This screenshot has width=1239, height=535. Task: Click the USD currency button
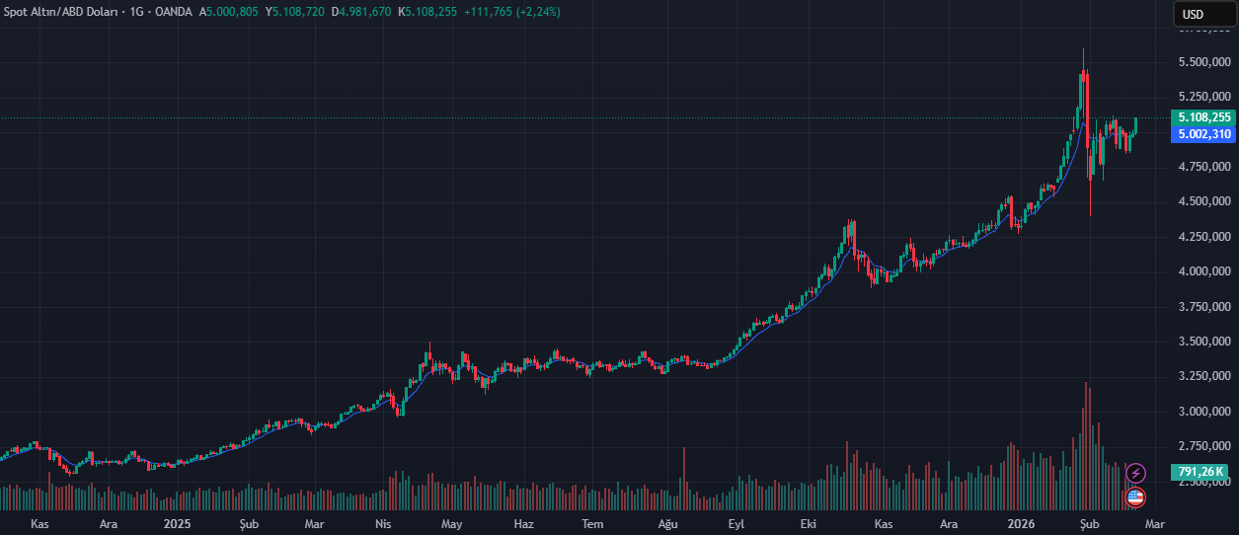click(1194, 14)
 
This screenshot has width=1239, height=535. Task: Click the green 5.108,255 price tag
click(1201, 117)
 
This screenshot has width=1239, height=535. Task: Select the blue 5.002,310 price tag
click(1201, 134)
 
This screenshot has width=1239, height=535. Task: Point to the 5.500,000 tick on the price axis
click(1201, 62)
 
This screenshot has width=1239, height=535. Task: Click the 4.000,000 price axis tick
click(1201, 271)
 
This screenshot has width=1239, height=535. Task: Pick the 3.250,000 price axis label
click(1201, 376)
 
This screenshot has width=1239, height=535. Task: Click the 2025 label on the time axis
click(177, 522)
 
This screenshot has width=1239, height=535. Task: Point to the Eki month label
click(810, 522)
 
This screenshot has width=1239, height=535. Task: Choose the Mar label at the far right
click(1153, 522)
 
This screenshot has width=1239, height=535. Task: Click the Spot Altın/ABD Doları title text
click(61, 12)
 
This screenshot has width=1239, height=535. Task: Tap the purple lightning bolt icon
click(1136, 473)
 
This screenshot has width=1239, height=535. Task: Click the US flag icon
click(1135, 497)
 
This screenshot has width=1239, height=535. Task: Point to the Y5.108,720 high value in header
click(295, 12)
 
